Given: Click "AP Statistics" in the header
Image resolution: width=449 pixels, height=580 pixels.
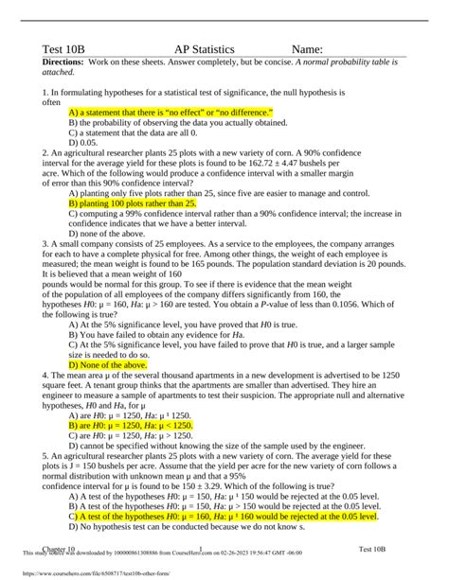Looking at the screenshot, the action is pyautogui.click(x=212, y=49).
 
